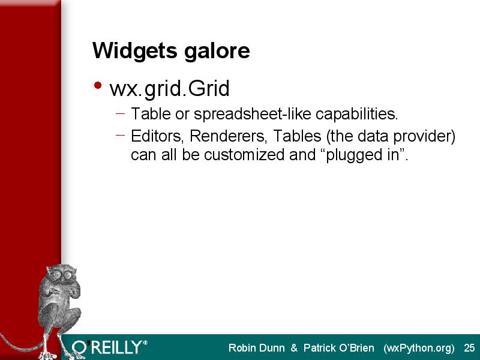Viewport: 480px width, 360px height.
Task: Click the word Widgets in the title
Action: point(134,51)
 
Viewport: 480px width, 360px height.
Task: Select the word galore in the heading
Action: point(217,50)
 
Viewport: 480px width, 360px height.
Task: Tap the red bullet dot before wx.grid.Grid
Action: point(98,85)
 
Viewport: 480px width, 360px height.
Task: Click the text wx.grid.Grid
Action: point(170,89)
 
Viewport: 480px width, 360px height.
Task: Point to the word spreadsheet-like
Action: point(253,114)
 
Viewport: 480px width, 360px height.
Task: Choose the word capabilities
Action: point(356,114)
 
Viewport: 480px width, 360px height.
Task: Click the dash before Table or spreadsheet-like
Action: point(121,113)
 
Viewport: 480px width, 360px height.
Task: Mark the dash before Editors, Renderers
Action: point(121,134)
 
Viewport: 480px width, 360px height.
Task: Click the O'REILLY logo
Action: point(110,347)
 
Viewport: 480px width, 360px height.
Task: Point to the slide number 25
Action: point(469,348)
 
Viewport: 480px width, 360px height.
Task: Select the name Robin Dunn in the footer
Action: point(257,348)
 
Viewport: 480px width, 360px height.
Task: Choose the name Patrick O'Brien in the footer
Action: point(338,348)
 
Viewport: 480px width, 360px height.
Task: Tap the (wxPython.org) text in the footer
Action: point(419,349)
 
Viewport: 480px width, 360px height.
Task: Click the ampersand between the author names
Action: point(294,348)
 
